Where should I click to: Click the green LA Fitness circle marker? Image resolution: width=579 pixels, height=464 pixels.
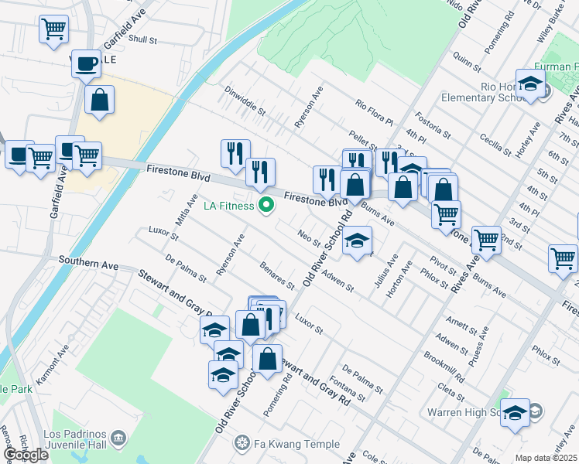(267, 206)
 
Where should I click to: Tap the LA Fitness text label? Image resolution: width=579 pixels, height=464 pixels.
(228, 206)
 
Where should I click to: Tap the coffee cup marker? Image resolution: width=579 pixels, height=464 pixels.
(87, 63)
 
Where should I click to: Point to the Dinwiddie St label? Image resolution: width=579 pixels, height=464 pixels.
(245, 102)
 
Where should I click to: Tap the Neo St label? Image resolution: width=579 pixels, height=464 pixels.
(309, 237)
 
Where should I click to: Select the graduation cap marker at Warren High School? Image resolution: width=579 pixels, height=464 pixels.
(515, 414)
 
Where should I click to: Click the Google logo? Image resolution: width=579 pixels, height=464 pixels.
(26, 455)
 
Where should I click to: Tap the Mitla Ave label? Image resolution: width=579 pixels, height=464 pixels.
(182, 211)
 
